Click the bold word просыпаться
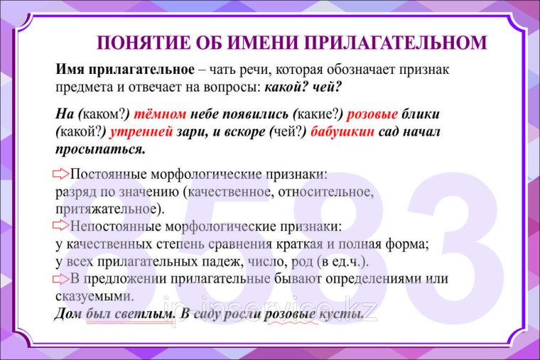click(100, 149)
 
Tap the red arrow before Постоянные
click(62, 174)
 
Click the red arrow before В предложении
click(62, 278)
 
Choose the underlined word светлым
click(148, 314)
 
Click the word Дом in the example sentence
click(68, 314)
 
